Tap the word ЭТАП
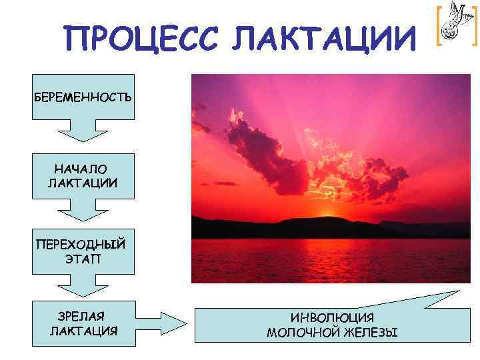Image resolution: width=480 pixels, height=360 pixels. point(84,256)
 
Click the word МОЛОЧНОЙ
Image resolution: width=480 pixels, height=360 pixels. point(299,331)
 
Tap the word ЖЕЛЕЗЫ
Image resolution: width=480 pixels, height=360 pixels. point(371,331)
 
